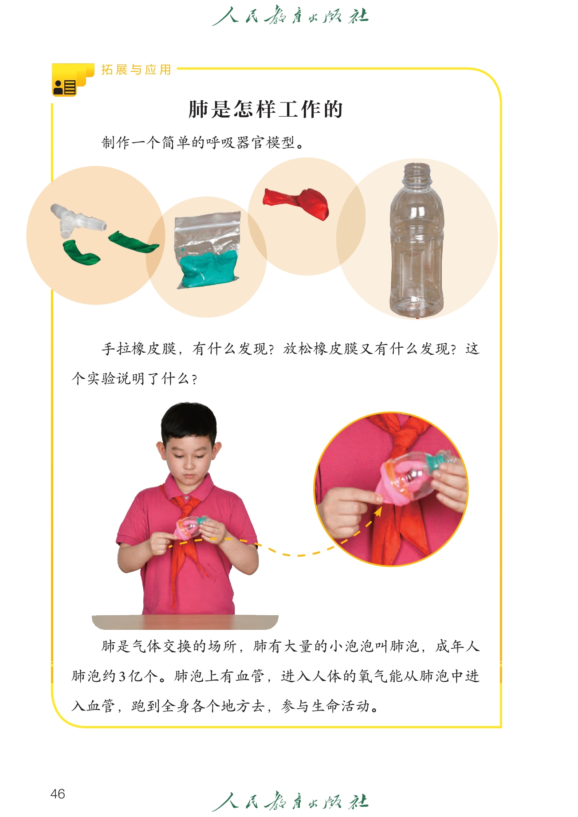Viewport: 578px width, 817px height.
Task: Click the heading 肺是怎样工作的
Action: coord(265,109)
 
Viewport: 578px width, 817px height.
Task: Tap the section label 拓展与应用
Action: coord(136,70)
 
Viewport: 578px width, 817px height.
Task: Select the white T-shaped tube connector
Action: coord(77,220)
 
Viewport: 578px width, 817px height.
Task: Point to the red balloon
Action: coord(296,203)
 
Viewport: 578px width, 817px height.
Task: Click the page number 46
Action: coord(58,793)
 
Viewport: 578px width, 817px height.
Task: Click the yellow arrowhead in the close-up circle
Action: coord(378,512)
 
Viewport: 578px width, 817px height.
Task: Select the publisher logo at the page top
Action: coord(290,16)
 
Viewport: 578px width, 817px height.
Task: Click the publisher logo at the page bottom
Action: coord(290,801)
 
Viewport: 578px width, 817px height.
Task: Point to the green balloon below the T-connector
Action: coord(81,252)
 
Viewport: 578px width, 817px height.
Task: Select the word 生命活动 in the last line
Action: coord(340,706)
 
